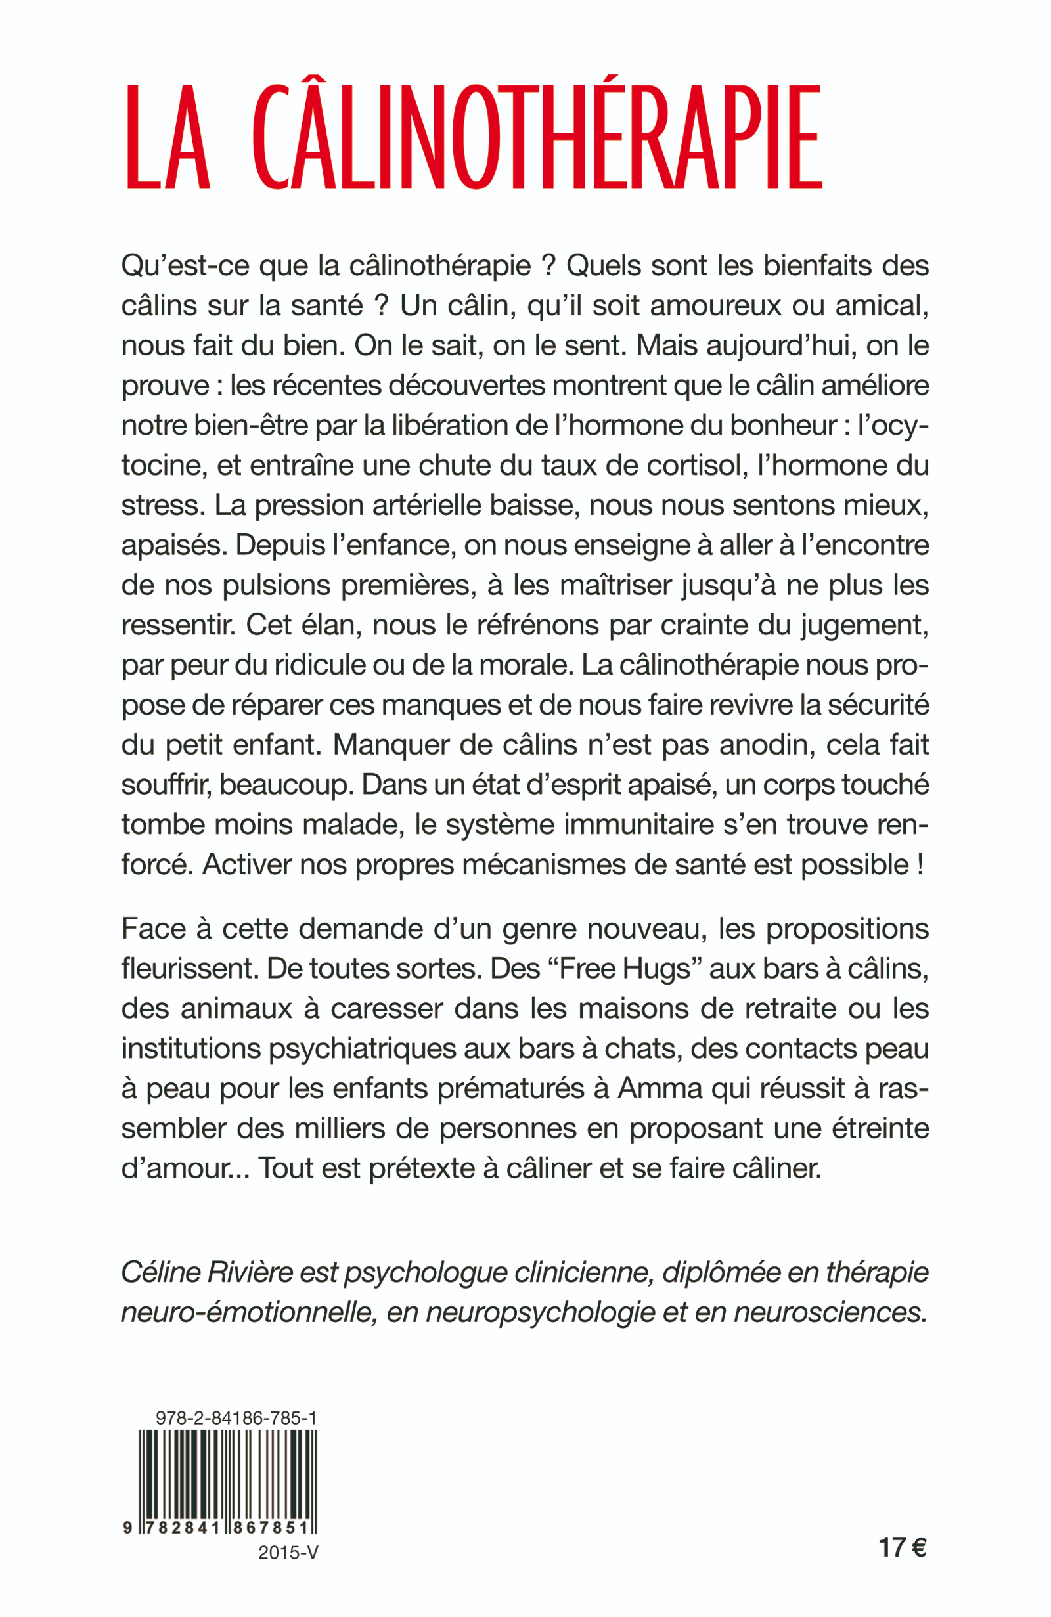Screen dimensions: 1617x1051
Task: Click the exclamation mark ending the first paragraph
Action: [920, 865]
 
